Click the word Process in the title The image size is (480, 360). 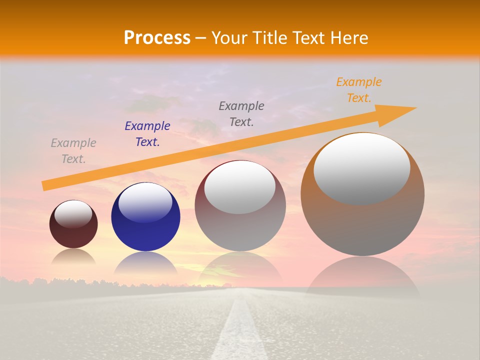(157, 38)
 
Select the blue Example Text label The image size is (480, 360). (147, 134)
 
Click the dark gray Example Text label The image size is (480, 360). (241, 114)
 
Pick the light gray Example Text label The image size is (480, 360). (73, 151)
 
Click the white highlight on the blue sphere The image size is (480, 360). (145, 202)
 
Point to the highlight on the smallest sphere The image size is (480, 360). (73, 214)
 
